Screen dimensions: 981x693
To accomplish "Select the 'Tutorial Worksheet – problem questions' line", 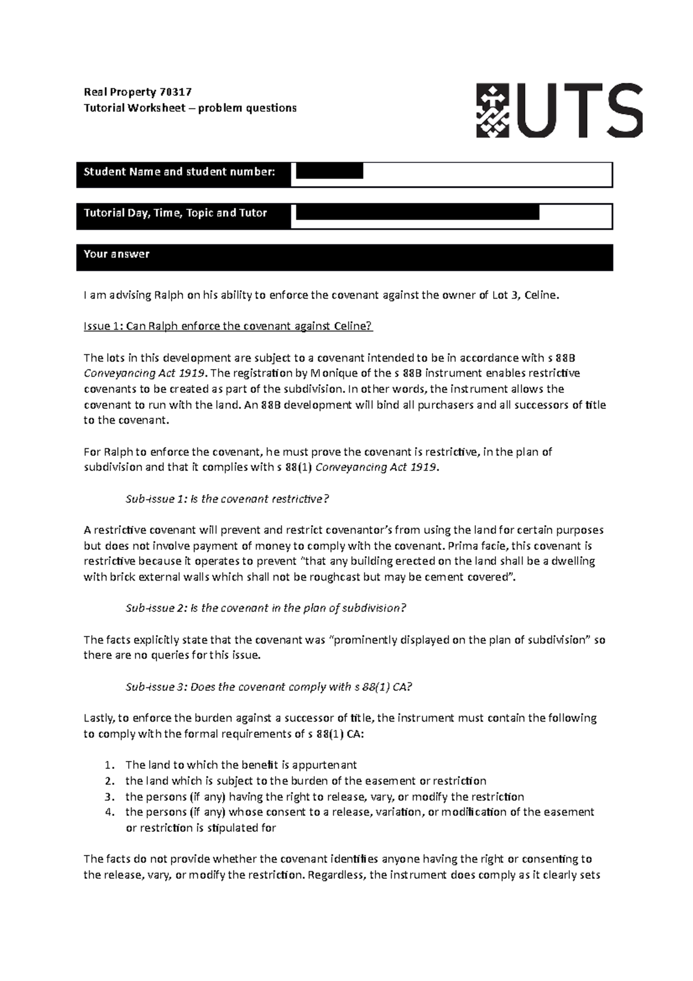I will (190, 108).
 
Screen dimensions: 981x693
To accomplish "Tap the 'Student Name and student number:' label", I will (180, 172).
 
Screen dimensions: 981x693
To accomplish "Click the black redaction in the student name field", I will (329, 171).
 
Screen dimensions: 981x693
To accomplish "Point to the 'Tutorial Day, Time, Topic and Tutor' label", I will (176, 213).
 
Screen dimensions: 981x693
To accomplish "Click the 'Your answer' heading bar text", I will (117, 254).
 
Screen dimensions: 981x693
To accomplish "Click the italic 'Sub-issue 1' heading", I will (226, 499).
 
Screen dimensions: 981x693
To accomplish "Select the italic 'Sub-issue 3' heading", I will (269, 687).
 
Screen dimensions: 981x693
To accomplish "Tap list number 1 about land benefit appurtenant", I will (110, 766).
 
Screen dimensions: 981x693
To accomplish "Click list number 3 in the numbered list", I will (110, 797).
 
